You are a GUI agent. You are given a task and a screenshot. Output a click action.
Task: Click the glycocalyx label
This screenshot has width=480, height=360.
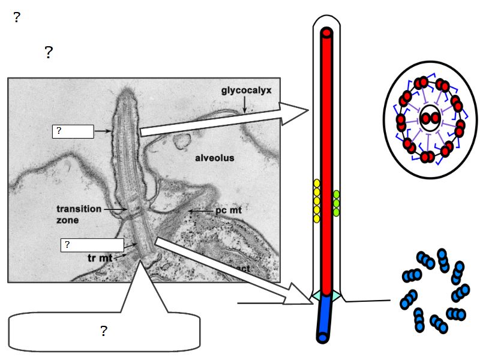247,91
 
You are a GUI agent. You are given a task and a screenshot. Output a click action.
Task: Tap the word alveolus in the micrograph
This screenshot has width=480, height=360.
214,158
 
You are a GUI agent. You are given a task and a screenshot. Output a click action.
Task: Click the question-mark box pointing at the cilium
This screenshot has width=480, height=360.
73,131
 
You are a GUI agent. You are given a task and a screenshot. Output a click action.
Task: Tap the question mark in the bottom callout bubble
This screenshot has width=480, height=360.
103,331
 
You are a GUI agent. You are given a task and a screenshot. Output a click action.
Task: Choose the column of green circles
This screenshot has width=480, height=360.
337,203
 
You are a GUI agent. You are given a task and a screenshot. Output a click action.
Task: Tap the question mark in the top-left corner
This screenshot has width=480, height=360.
17,17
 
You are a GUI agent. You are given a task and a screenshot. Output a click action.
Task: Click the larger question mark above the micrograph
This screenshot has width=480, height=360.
49,53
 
